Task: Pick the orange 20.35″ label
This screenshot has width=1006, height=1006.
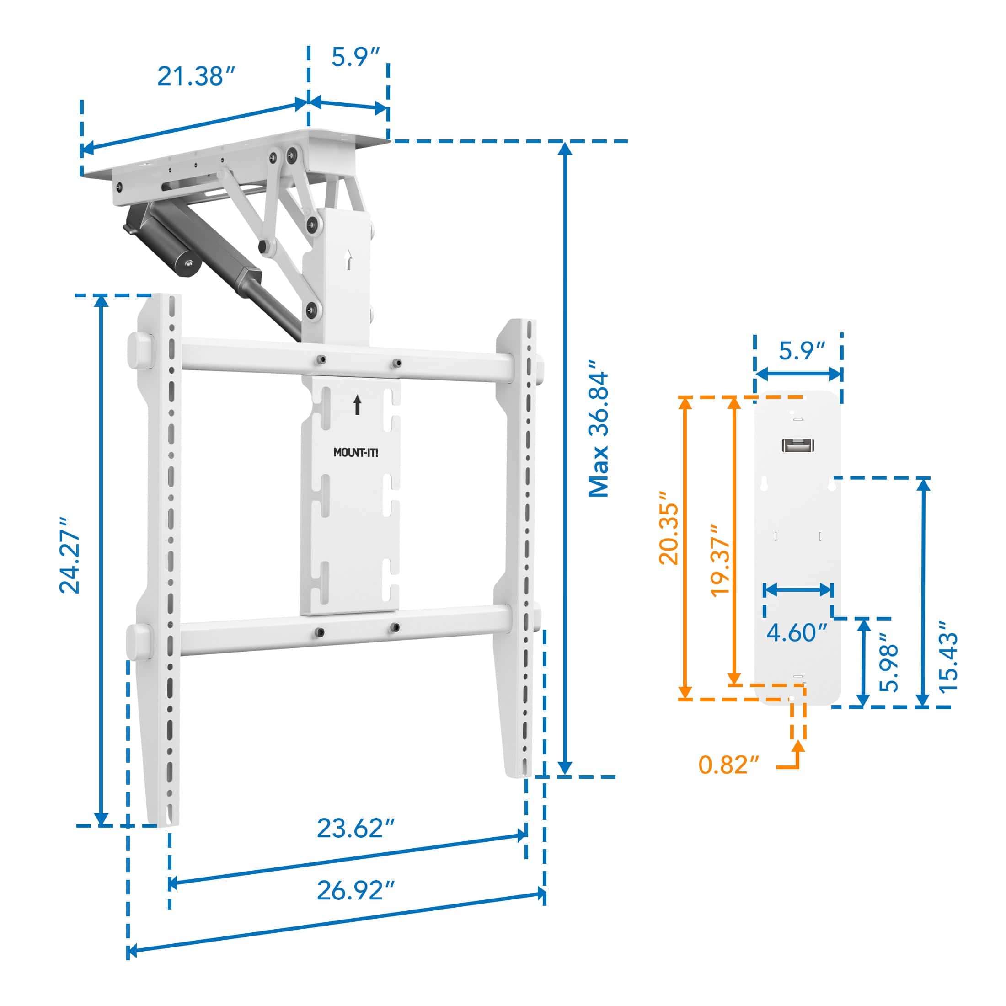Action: pos(669,528)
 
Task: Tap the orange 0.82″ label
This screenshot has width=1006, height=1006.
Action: pos(729,765)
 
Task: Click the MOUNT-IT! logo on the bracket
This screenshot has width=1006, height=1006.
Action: pos(356,453)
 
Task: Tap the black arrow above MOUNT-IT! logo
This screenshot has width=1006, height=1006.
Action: pos(357,405)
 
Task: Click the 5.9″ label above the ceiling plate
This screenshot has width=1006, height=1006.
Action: pos(356,57)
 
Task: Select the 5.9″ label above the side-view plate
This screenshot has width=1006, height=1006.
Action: pos(803,351)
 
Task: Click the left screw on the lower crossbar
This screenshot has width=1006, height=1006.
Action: pos(320,632)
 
